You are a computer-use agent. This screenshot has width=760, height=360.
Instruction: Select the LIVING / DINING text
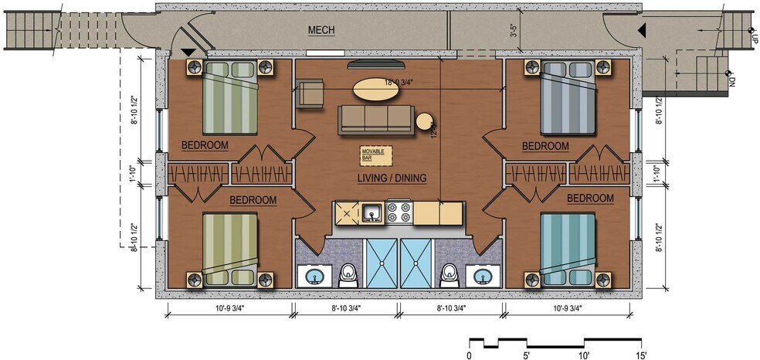pyautogui.click(x=392, y=179)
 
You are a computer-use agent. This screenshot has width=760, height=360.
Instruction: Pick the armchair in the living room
pyautogui.click(x=310, y=94)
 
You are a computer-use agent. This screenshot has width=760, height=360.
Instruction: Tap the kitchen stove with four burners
pyautogui.click(x=399, y=211)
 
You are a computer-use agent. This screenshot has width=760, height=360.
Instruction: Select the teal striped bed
pyautogui.click(x=569, y=244)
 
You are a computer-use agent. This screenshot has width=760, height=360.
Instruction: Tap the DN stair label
pyautogui.click(x=731, y=80)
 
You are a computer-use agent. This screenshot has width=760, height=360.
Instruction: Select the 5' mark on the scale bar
pyautogui.click(x=527, y=355)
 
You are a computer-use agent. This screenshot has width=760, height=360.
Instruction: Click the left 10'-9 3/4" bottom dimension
pyautogui.click(x=229, y=307)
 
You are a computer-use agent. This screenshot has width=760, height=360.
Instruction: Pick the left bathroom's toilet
pyautogui.click(x=348, y=272)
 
